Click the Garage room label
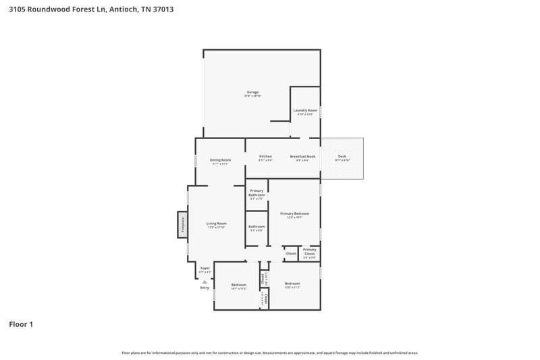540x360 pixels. coord(252,92)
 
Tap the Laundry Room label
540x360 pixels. coord(305,110)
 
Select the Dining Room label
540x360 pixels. coord(221,159)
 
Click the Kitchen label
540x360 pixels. coord(265,156)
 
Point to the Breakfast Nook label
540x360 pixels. coord(303,156)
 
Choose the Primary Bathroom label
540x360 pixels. coord(256,192)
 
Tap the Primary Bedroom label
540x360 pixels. coord(294,213)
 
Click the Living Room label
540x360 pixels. coord(216,223)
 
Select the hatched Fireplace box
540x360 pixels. coord(182,224)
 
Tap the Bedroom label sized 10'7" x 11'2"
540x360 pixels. coord(238,284)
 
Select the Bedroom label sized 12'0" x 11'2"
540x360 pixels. coord(292,283)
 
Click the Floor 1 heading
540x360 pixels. coord(21,324)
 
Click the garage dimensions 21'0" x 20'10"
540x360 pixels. coord(252,96)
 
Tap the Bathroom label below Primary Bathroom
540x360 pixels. coord(256,226)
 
